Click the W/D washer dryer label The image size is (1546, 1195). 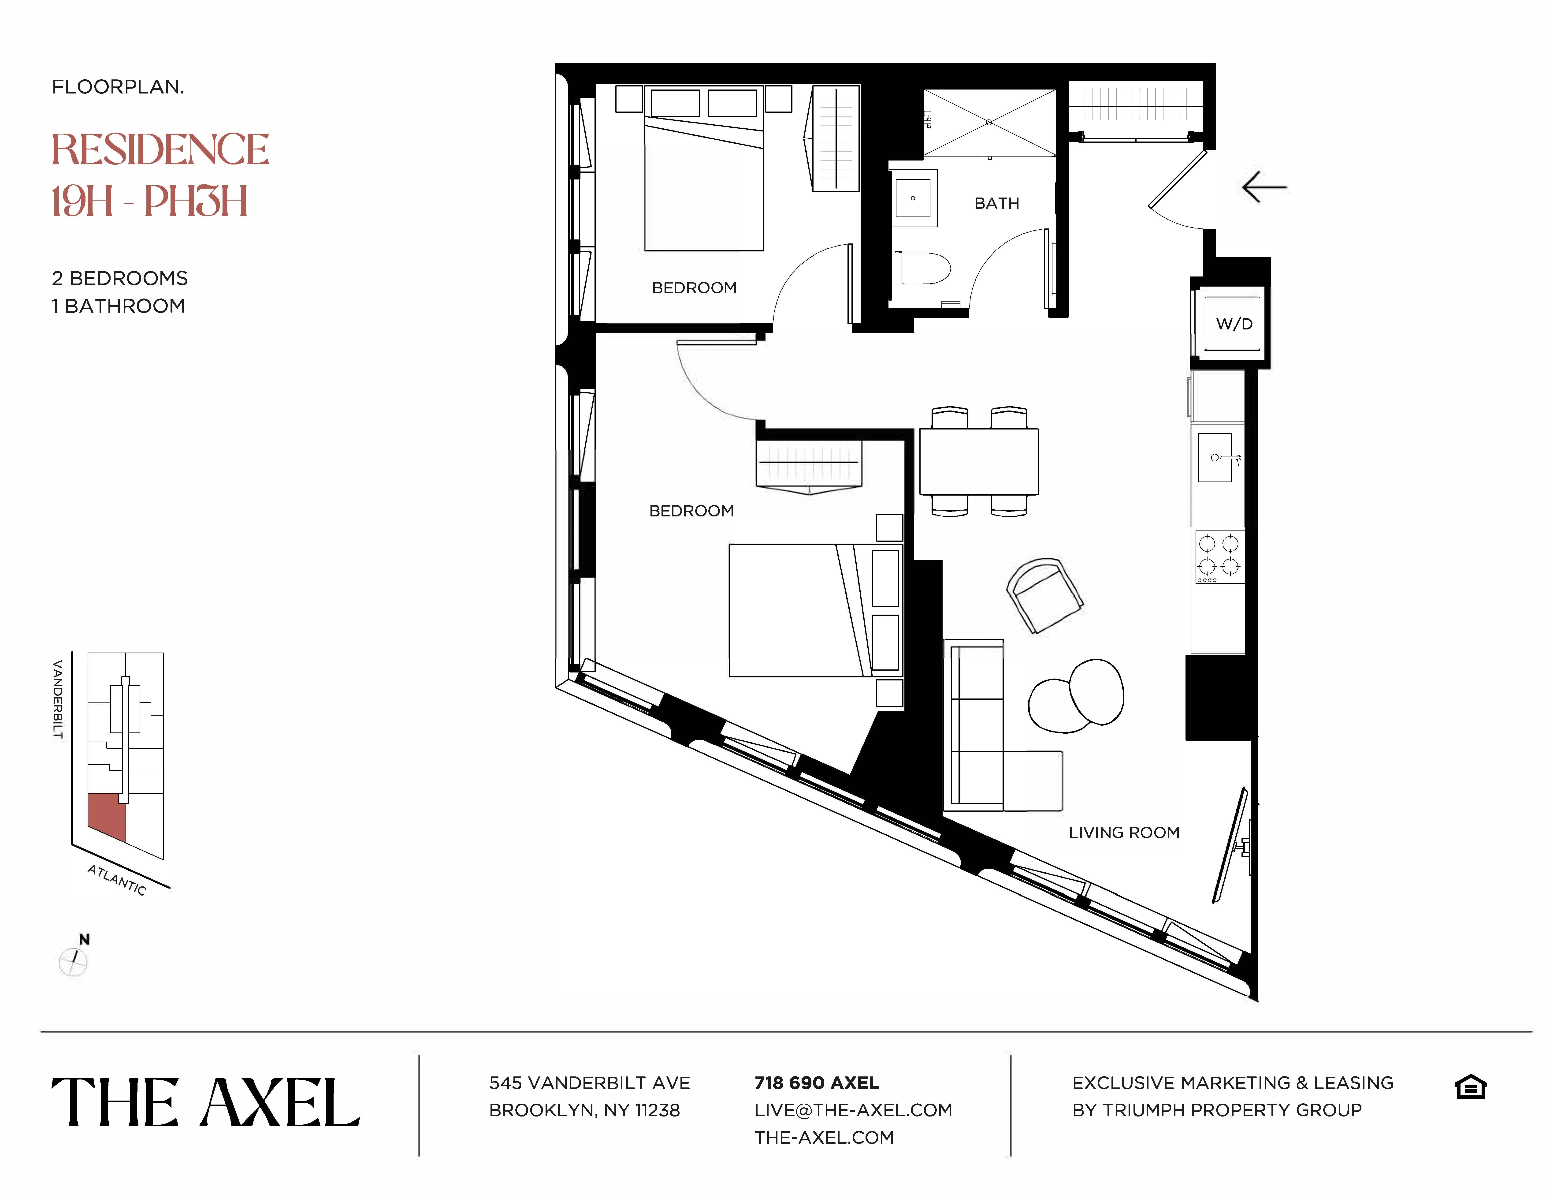click(x=1234, y=324)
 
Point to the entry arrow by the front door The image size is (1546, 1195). click(x=1264, y=188)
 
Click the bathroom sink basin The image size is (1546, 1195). click(x=913, y=198)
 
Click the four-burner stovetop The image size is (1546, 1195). click(x=1219, y=556)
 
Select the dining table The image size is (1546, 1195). click(x=979, y=462)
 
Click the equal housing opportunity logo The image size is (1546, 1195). click(x=1470, y=1087)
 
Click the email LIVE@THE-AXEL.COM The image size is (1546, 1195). click(x=853, y=1110)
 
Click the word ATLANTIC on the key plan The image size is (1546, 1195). click(x=117, y=880)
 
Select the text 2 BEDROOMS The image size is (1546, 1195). click(x=120, y=278)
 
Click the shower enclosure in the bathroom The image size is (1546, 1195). click(x=989, y=122)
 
